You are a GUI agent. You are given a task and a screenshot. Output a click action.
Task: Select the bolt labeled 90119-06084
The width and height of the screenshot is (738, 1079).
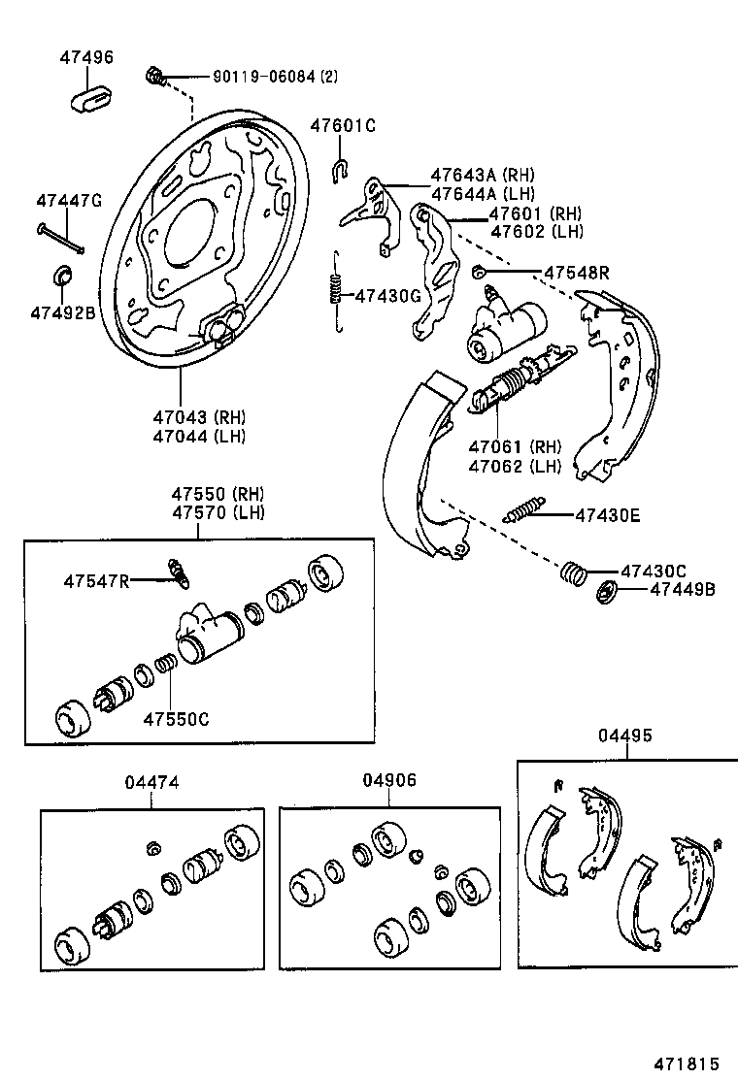click(154, 75)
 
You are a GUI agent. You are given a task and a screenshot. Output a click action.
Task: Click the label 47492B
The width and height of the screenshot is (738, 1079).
click(62, 312)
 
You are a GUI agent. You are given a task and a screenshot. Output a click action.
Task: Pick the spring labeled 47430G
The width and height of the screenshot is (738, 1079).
click(335, 290)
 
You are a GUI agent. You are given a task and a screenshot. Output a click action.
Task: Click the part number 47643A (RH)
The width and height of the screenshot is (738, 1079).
click(483, 176)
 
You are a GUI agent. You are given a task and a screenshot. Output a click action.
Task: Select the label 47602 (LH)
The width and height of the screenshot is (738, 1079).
click(536, 232)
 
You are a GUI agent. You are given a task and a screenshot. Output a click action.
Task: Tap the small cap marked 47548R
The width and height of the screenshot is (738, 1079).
click(478, 271)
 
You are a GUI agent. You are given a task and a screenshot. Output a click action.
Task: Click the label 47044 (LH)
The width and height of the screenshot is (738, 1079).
click(199, 436)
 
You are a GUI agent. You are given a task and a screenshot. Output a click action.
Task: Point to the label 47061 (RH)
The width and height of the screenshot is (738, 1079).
click(515, 447)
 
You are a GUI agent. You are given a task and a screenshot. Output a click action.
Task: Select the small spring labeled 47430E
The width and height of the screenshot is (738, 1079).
click(525, 508)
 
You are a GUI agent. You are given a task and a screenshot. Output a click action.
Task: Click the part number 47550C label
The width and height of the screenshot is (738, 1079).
click(176, 719)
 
